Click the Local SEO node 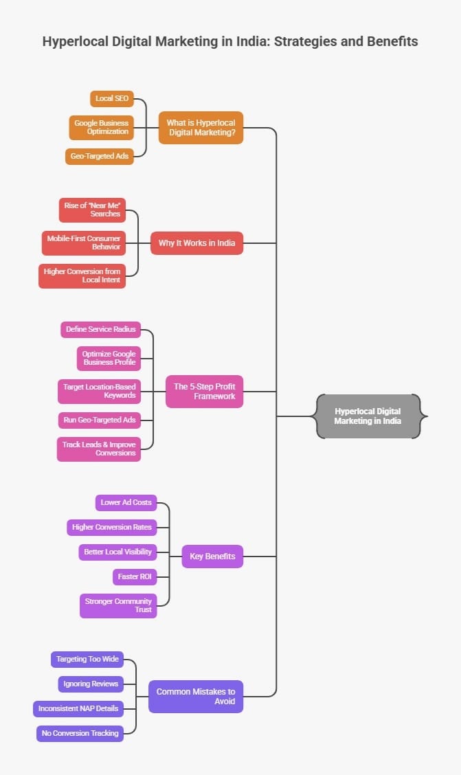[x=111, y=98]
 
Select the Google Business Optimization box [x=101, y=127]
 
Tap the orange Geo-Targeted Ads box [x=99, y=156]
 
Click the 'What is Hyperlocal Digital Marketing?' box [x=201, y=127]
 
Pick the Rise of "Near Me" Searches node [x=92, y=210]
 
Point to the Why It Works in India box [x=196, y=243]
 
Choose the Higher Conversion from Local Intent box [x=82, y=276]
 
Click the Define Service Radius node [x=100, y=329]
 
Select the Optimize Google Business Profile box [x=109, y=358]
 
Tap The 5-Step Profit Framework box [x=204, y=391]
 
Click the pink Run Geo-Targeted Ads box [x=99, y=419]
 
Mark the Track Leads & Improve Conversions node [x=99, y=449]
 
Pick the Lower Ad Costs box [x=126, y=502]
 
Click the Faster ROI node [x=134, y=576]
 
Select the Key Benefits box [x=212, y=556]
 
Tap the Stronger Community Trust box [x=118, y=605]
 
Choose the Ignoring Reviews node [x=91, y=684]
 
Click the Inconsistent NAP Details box [x=78, y=708]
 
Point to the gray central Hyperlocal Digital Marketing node [x=368, y=416]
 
